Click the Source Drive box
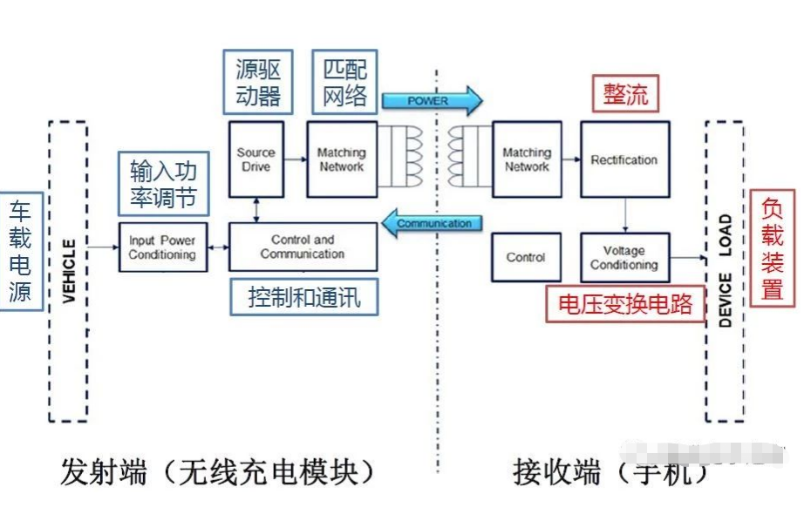tap(256, 159)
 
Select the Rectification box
tap(624, 159)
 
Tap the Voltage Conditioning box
tap(624, 258)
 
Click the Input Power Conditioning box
tap(162, 247)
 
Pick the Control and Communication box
tap(303, 247)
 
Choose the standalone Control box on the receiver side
tap(526, 258)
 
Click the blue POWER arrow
tap(431, 100)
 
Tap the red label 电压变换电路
tap(625, 303)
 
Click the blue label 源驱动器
tap(258, 83)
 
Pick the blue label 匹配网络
tap(344, 83)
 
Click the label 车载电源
tap(20, 251)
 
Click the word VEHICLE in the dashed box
tap(70, 271)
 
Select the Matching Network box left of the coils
tap(341, 159)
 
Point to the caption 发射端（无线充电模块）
tap(218, 473)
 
